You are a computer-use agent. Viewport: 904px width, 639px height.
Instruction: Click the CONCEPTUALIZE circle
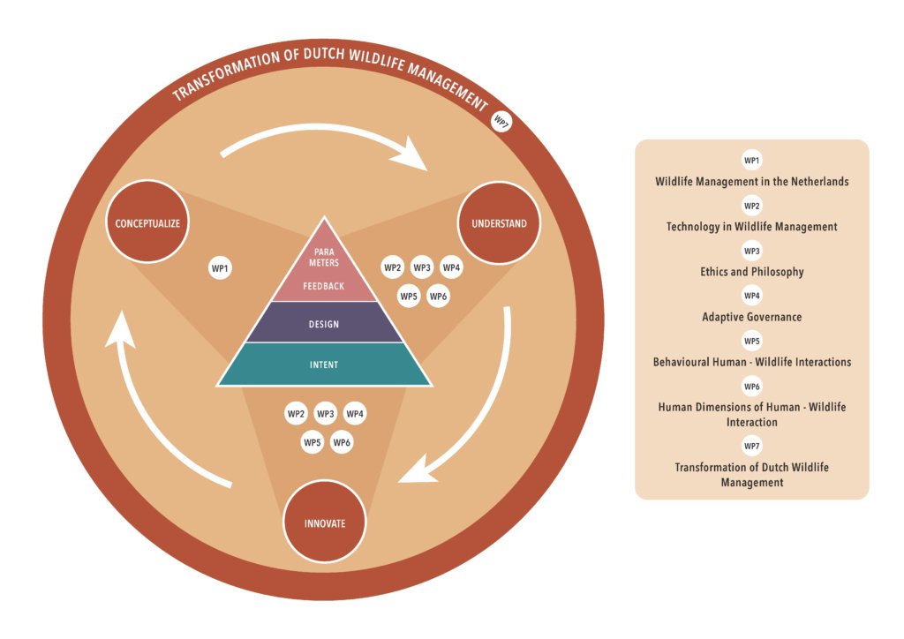coord(147,222)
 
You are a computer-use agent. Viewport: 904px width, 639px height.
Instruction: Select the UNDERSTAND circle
coord(499,222)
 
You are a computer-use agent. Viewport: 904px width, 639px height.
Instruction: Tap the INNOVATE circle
coord(324,522)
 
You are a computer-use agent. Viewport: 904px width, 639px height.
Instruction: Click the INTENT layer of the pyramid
coord(324,364)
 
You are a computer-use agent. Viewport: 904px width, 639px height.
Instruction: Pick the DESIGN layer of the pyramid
coord(324,323)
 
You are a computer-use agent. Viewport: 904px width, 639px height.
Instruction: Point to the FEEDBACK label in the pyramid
coord(324,286)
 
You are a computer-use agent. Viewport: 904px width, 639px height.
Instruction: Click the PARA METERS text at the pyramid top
coord(324,256)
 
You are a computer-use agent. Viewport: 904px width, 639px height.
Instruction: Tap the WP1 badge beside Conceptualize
coord(220,267)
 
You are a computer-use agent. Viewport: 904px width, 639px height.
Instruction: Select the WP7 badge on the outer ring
coord(501,123)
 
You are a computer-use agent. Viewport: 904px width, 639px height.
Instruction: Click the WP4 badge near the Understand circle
coord(451,267)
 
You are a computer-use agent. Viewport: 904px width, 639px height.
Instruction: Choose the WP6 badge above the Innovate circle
coord(342,442)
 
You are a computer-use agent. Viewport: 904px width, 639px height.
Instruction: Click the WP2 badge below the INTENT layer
coord(296,413)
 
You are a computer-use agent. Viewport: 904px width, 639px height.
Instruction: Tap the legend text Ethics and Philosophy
coord(752,272)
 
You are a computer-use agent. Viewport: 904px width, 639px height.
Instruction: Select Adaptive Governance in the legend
coord(752,317)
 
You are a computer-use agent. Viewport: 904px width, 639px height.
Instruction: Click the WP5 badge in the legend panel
coord(752,341)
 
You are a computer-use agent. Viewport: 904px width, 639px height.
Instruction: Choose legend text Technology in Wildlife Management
coord(752,227)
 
